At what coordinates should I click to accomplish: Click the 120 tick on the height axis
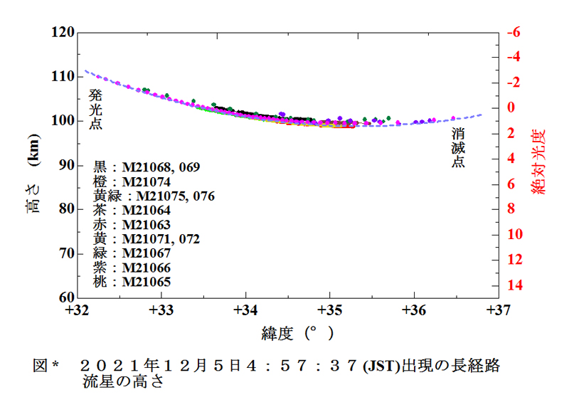(x=64, y=33)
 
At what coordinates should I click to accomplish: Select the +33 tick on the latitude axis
(x=162, y=310)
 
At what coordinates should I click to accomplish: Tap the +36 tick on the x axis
(x=414, y=310)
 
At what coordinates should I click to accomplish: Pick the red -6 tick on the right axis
(x=514, y=32)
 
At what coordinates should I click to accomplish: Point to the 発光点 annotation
(x=95, y=108)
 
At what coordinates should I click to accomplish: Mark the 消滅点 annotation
(x=459, y=147)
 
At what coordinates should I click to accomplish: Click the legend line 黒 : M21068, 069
(x=147, y=167)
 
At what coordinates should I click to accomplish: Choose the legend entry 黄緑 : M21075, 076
(x=154, y=196)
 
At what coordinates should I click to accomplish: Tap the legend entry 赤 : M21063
(x=132, y=225)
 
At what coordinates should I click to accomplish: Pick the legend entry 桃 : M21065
(x=132, y=282)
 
